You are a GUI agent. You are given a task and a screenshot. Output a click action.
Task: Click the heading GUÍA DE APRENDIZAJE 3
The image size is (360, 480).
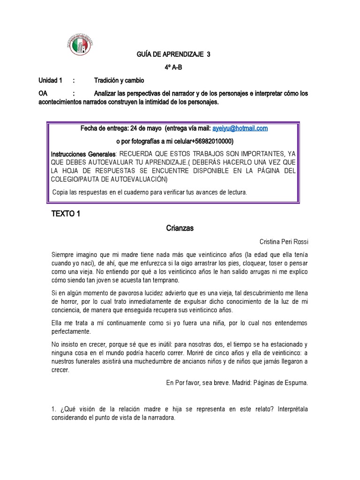[x=173, y=54]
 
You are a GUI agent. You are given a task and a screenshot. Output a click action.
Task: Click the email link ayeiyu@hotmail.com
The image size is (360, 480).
[x=240, y=128]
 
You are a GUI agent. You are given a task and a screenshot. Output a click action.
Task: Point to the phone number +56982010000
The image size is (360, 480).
[x=209, y=141]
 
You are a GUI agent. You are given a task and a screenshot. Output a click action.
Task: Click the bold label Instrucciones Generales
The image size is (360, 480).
[x=82, y=154]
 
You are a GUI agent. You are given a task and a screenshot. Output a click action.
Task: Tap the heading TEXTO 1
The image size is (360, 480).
[x=66, y=214]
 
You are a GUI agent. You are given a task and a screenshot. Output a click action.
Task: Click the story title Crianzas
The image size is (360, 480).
[x=180, y=228]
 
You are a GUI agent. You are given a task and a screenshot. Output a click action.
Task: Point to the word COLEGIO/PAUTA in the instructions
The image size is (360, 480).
[x=76, y=180]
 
